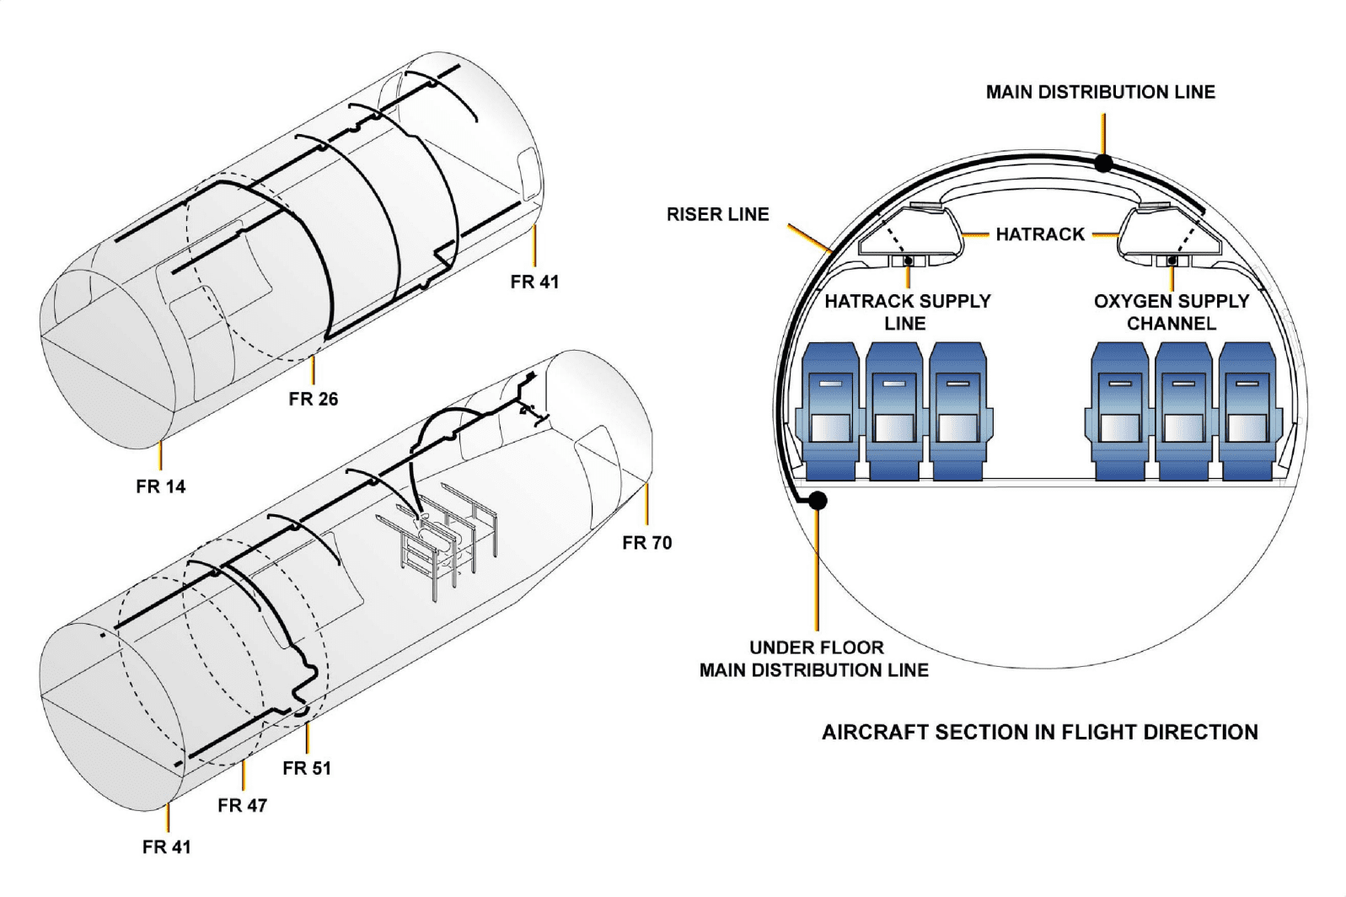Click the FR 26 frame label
313,399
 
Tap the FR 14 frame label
160,486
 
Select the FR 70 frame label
646,543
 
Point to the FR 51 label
307,768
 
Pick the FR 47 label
242,805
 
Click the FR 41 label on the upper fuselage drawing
534,282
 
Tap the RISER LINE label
717,214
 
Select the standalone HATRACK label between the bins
1039,234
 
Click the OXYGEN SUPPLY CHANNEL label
1171,312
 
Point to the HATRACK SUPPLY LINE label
907,312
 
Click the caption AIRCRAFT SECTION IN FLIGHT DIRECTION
1039,732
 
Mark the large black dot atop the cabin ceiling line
1102,163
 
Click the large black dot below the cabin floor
817,500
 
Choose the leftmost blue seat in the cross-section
830,411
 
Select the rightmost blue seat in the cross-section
1246,411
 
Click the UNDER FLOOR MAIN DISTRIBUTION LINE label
814,658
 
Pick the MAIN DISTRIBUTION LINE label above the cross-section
1100,92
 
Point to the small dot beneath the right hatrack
1171,261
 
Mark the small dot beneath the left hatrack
908,261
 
